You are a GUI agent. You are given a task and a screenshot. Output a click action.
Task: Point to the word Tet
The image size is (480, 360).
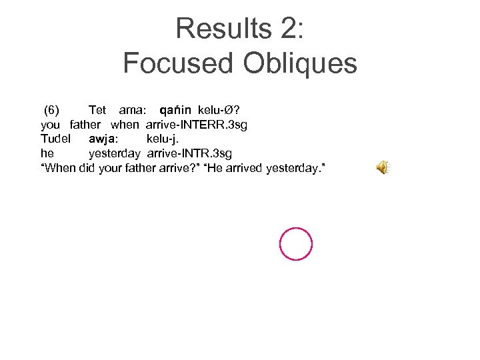click(97, 109)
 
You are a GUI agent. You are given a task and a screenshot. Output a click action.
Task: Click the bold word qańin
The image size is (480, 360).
click(175, 109)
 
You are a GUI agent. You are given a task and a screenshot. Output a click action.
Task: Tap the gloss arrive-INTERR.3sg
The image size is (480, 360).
click(197, 125)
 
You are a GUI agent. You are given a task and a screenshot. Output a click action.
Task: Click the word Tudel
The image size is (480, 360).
click(56, 139)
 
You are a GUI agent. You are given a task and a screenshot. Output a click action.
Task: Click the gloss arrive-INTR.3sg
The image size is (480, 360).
click(189, 154)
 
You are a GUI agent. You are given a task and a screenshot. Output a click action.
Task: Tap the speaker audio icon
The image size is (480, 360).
click(382, 168)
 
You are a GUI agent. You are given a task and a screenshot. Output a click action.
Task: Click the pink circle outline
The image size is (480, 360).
click(296, 244)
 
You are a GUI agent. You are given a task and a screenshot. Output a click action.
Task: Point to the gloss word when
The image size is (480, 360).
click(125, 125)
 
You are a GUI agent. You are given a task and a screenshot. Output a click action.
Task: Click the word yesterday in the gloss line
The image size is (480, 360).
click(115, 154)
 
